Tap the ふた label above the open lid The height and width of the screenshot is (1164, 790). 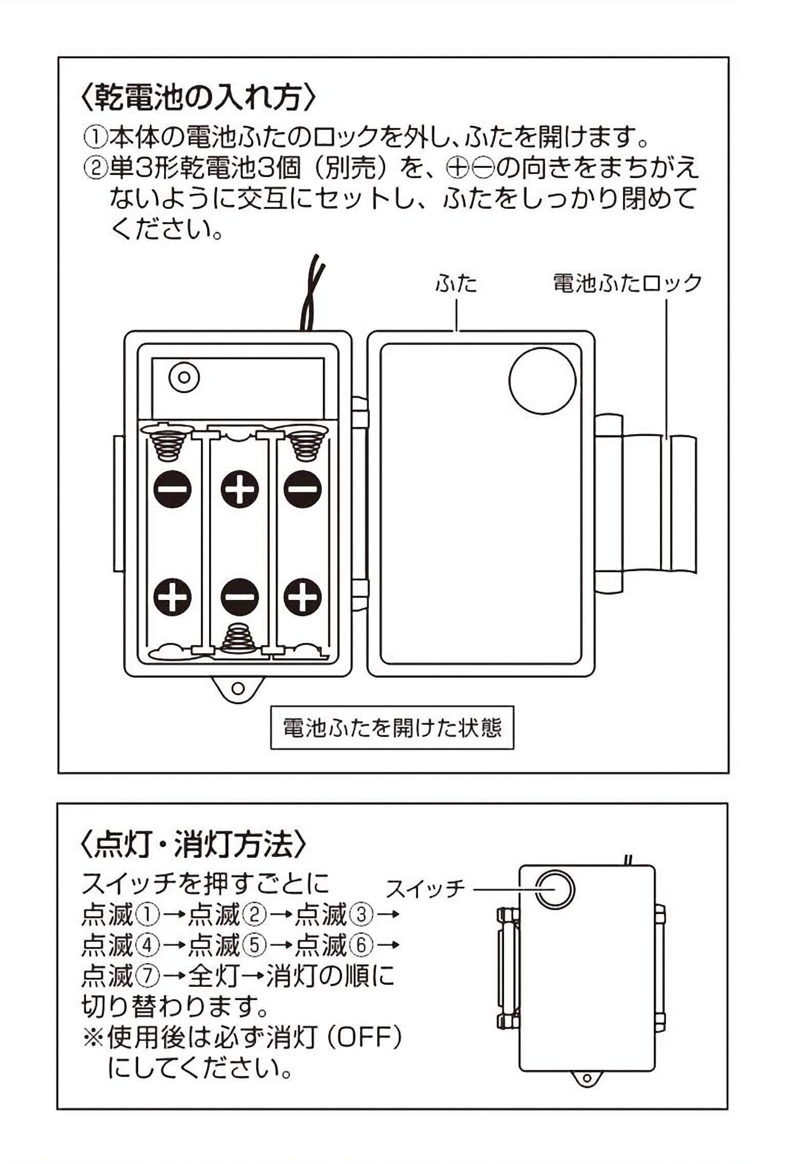[455, 283]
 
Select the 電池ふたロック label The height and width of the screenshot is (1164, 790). [627, 283]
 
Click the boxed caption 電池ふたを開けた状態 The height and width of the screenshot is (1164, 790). [392, 728]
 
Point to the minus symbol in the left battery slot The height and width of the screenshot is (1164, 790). [173, 489]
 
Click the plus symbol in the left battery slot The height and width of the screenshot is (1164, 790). [173, 596]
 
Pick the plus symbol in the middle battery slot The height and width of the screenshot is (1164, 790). [239, 489]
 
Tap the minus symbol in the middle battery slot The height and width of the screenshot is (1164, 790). [239, 596]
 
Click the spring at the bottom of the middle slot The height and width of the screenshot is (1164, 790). [238, 638]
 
